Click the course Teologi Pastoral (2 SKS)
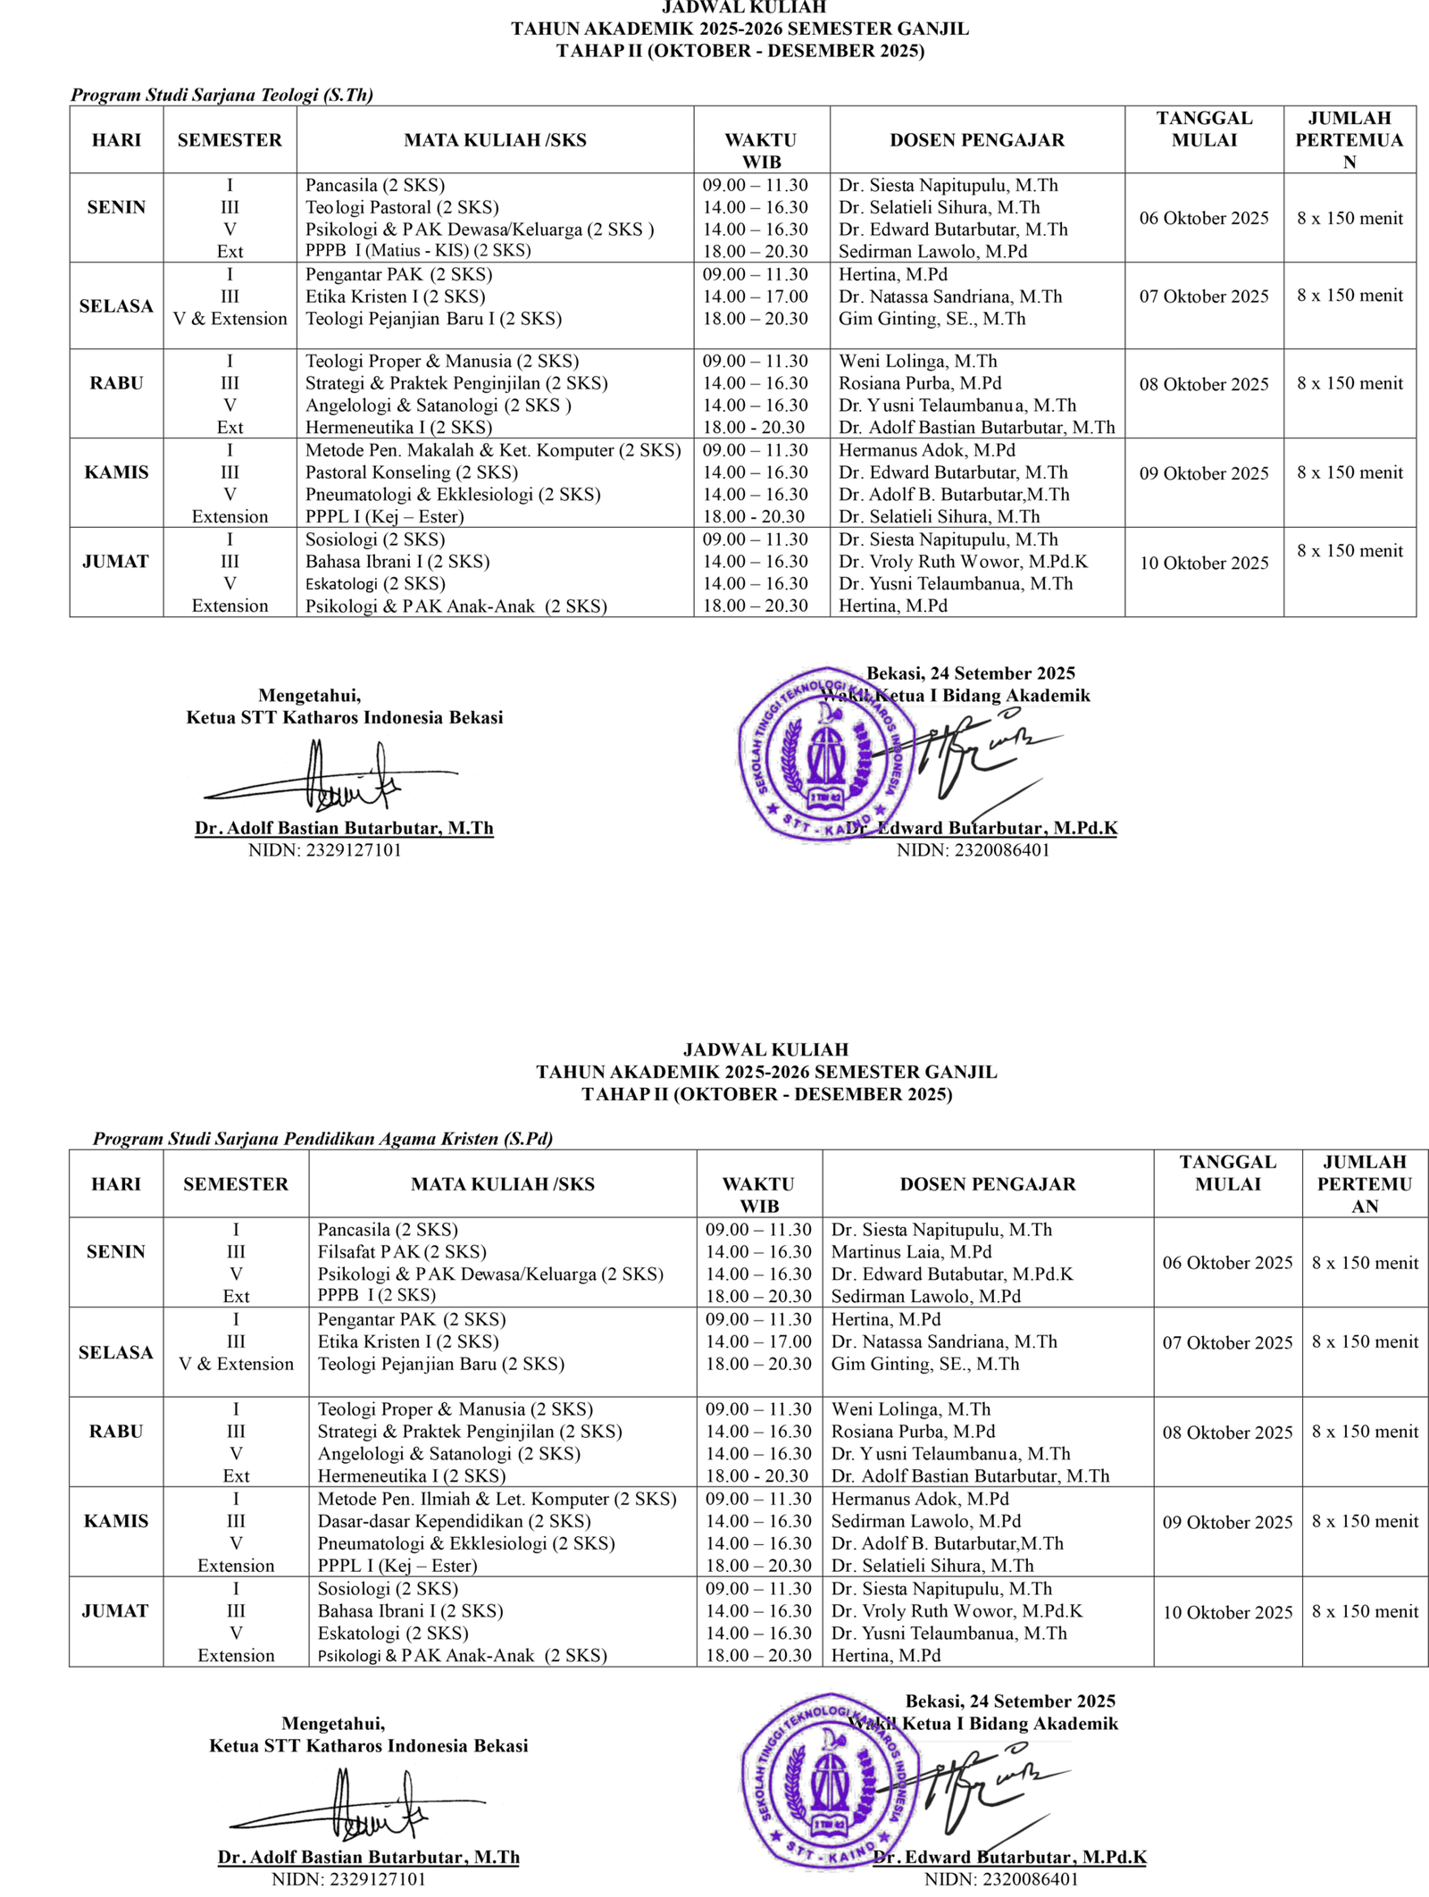(402, 207)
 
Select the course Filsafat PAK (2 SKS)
(402, 1252)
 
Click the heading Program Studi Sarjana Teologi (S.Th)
(222, 95)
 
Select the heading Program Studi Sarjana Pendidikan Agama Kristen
(322, 1139)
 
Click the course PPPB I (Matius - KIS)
(418, 251)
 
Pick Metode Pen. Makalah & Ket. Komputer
(493, 450)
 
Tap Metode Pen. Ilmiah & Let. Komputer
(497, 1499)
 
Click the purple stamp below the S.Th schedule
(826, 755)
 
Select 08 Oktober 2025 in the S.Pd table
(1227, 1433)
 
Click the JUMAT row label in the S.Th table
(115, 562)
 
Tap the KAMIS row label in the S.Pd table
(116, 1521)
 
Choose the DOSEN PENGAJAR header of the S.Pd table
(987, 1184)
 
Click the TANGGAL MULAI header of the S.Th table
(1204, 130)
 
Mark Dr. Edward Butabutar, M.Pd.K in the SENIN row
(952, 1274)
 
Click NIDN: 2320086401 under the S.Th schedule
(973, 850)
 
